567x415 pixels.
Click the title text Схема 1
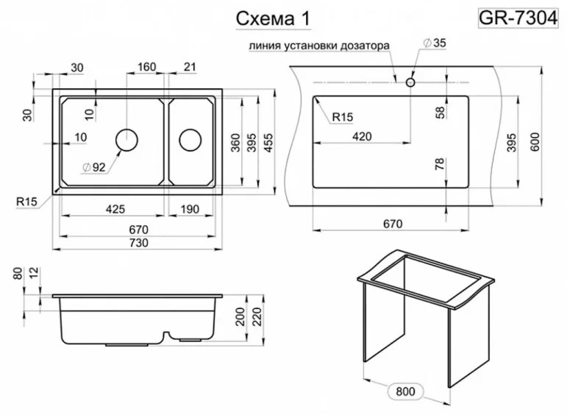(x=272, y=20)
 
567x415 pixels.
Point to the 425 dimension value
(x=115, y=209)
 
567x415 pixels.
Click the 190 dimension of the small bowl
(x=190, y=209)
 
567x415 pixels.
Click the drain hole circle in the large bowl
(x=127, y=139)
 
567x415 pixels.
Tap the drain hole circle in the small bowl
(x=190, y=139)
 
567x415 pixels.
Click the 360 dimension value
(x=236, y=142)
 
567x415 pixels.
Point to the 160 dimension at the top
(x=146, y=68)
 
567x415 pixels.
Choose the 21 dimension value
(x=189, y=68)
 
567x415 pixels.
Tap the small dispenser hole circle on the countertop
(x=410, y=82)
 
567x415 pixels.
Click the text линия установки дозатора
(x=318, y=46)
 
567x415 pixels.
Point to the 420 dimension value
(x=362, y=135)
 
